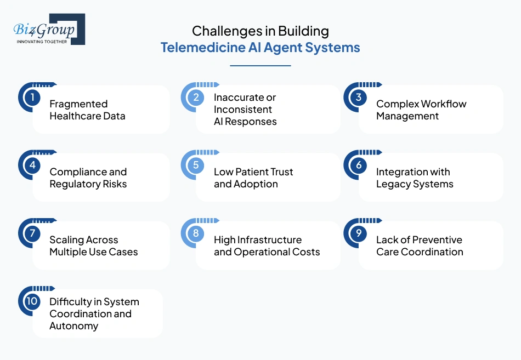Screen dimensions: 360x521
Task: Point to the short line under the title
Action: (260, 66)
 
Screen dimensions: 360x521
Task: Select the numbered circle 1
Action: (32, 98)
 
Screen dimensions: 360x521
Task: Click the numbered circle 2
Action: (195, 98)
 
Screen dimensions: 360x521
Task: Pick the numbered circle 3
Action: (358, 98)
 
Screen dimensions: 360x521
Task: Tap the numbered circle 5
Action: (195, 165)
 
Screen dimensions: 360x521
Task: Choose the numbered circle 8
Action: (195, 233)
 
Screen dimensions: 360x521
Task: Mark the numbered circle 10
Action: (32, 301)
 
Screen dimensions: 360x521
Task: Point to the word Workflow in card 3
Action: (444, 104)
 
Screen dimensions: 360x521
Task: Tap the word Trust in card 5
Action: (280, 172)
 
